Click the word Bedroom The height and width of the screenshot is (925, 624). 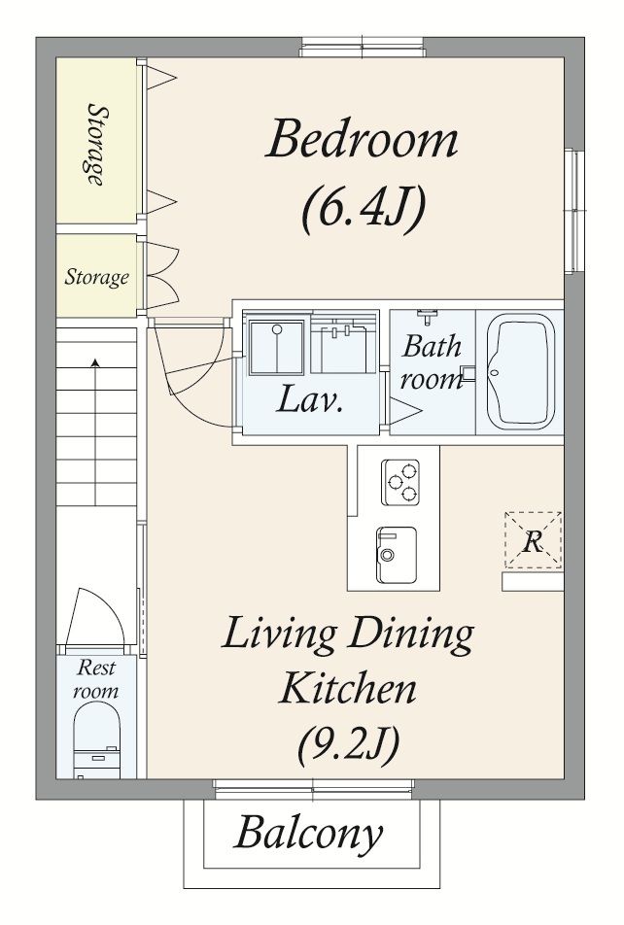point(362,139)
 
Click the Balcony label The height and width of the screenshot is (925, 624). point(309,833)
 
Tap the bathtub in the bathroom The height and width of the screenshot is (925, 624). point(521,371)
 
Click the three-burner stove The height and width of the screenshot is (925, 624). point(400,482)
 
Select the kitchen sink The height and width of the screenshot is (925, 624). point(397,555)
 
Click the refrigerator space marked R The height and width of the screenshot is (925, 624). point(533,540)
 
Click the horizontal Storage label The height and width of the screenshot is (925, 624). point(96,277)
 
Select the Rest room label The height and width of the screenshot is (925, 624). point(96,678)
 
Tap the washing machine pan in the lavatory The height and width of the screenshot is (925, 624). point(277,347)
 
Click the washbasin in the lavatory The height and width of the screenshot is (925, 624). point(343,345)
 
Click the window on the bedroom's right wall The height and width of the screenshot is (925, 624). point(573,210)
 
